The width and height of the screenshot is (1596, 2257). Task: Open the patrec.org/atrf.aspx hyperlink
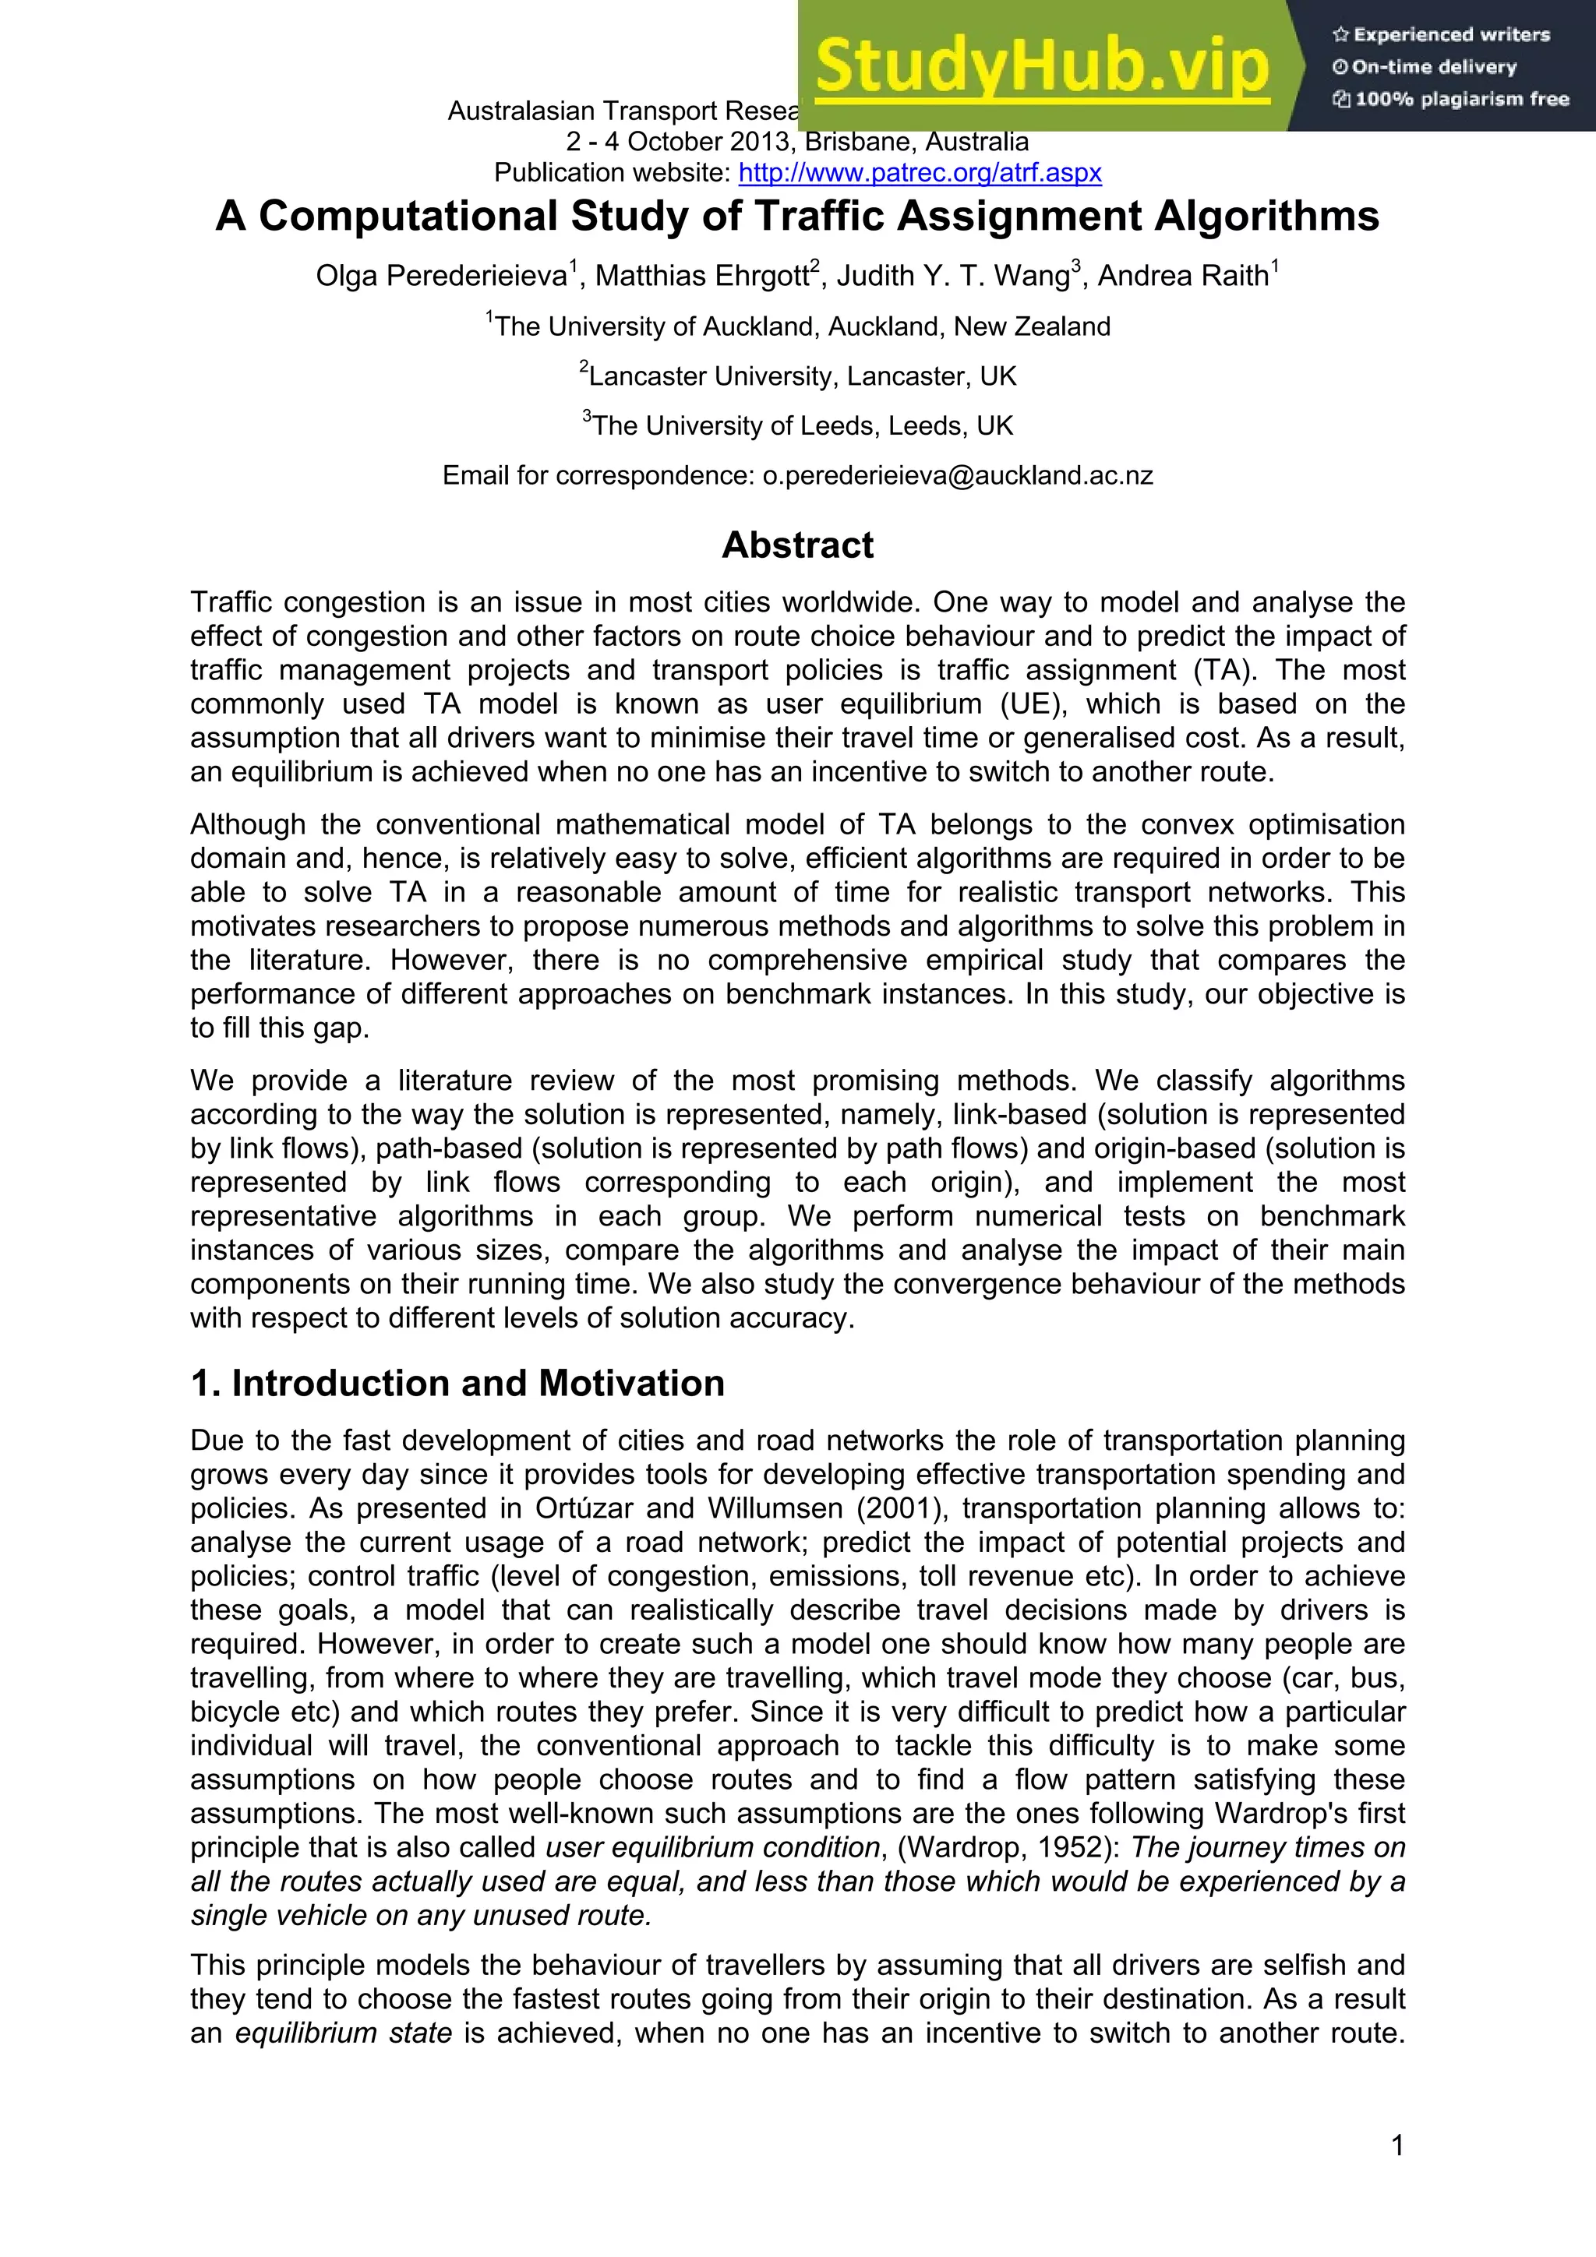[x=920, y=173]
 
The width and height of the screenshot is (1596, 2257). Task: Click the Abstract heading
[x=797, y=545]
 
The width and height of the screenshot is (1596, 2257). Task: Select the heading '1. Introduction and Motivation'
[x=457, y=1383]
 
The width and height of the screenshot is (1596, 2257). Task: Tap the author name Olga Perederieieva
[x=442, y=277]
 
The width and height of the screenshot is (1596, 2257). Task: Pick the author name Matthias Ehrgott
[x=702, y=277]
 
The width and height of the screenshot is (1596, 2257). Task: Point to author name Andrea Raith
[x=1183, y=277]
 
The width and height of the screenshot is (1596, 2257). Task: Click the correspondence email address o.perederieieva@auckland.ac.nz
[x=958, y=476]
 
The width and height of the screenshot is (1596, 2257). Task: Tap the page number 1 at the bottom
[x=1397, y=2145]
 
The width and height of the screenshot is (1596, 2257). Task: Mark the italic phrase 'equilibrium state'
[x=343, y=2032]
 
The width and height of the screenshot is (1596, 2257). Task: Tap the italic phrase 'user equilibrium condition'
[x=713, y=1847]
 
